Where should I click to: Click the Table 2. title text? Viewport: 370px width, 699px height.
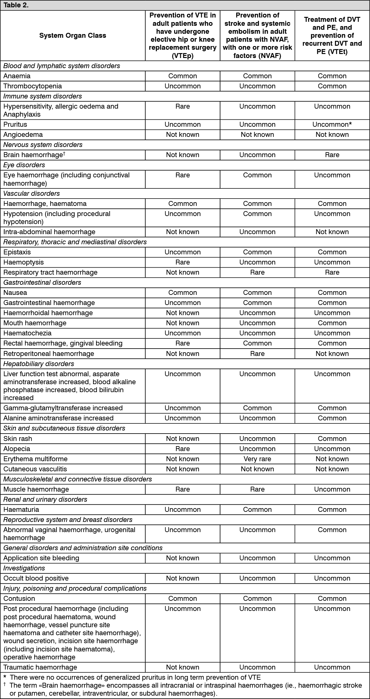pos(16,5)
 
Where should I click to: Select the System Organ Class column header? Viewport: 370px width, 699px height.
pos(72,36)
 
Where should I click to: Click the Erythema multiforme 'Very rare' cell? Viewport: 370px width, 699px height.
pos(257,459)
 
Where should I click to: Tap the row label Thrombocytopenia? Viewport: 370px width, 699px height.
pos(33,86)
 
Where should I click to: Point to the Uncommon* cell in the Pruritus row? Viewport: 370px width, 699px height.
pos(332,125)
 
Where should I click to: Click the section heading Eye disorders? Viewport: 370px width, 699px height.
pos(24,165)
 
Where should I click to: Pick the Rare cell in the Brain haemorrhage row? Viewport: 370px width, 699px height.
pos(332,155)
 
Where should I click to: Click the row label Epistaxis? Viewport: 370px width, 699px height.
pos(17,252)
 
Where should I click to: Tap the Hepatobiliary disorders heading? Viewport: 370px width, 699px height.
pos(39,364)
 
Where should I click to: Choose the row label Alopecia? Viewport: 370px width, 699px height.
pos(17,449)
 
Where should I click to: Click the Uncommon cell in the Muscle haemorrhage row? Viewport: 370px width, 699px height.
pos(332,489)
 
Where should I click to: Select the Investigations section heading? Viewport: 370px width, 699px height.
pos(24,568)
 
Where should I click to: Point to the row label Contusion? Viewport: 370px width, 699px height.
pos(19,598)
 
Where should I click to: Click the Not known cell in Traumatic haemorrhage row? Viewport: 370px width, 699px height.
pos(182,667)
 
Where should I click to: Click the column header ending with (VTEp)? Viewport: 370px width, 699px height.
pos(182,36)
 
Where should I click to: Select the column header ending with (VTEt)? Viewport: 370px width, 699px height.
pos(332,36)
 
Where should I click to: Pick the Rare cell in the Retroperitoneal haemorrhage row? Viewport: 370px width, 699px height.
pos(257,354)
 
